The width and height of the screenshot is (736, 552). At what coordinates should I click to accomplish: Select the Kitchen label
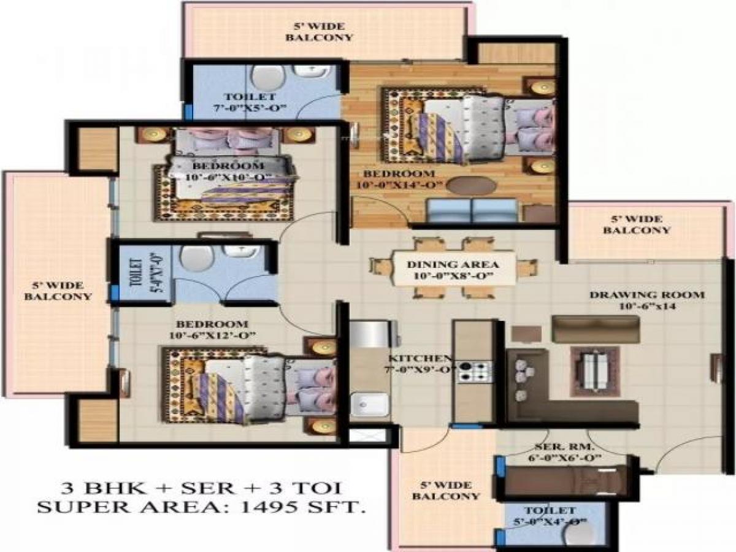pos(421,363)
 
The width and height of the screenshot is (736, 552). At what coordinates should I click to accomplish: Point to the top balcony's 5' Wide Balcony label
pos(323,31)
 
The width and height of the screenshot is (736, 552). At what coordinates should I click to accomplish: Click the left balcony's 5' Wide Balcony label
pos(58,291)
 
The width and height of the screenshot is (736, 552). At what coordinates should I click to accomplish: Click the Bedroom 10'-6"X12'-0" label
pos(212,329)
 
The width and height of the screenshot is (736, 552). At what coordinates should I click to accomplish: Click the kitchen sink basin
pos(369,405)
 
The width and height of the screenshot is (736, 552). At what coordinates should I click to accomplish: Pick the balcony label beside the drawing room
pos(637,224)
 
